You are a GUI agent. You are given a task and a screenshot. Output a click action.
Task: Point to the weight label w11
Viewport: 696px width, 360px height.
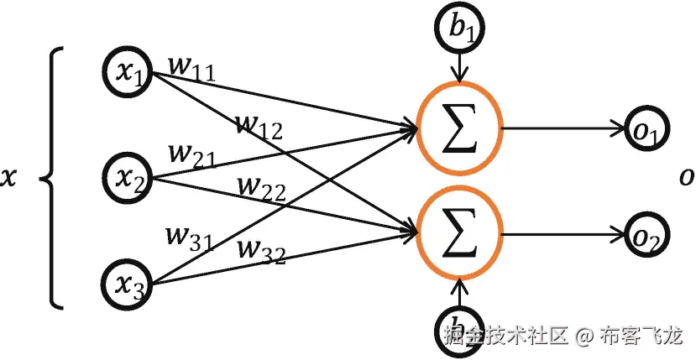(x=193, y=68)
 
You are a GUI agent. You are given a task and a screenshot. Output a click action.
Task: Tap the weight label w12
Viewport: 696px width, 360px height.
(x=259, y=125)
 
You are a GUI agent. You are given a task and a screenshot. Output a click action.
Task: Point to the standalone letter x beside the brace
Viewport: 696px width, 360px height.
(x=9, y=178)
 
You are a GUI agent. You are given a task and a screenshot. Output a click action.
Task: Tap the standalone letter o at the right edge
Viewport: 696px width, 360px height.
(x=687, y=177)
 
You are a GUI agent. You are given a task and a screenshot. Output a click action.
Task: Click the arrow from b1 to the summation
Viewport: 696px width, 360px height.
(x=457, y=66)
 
